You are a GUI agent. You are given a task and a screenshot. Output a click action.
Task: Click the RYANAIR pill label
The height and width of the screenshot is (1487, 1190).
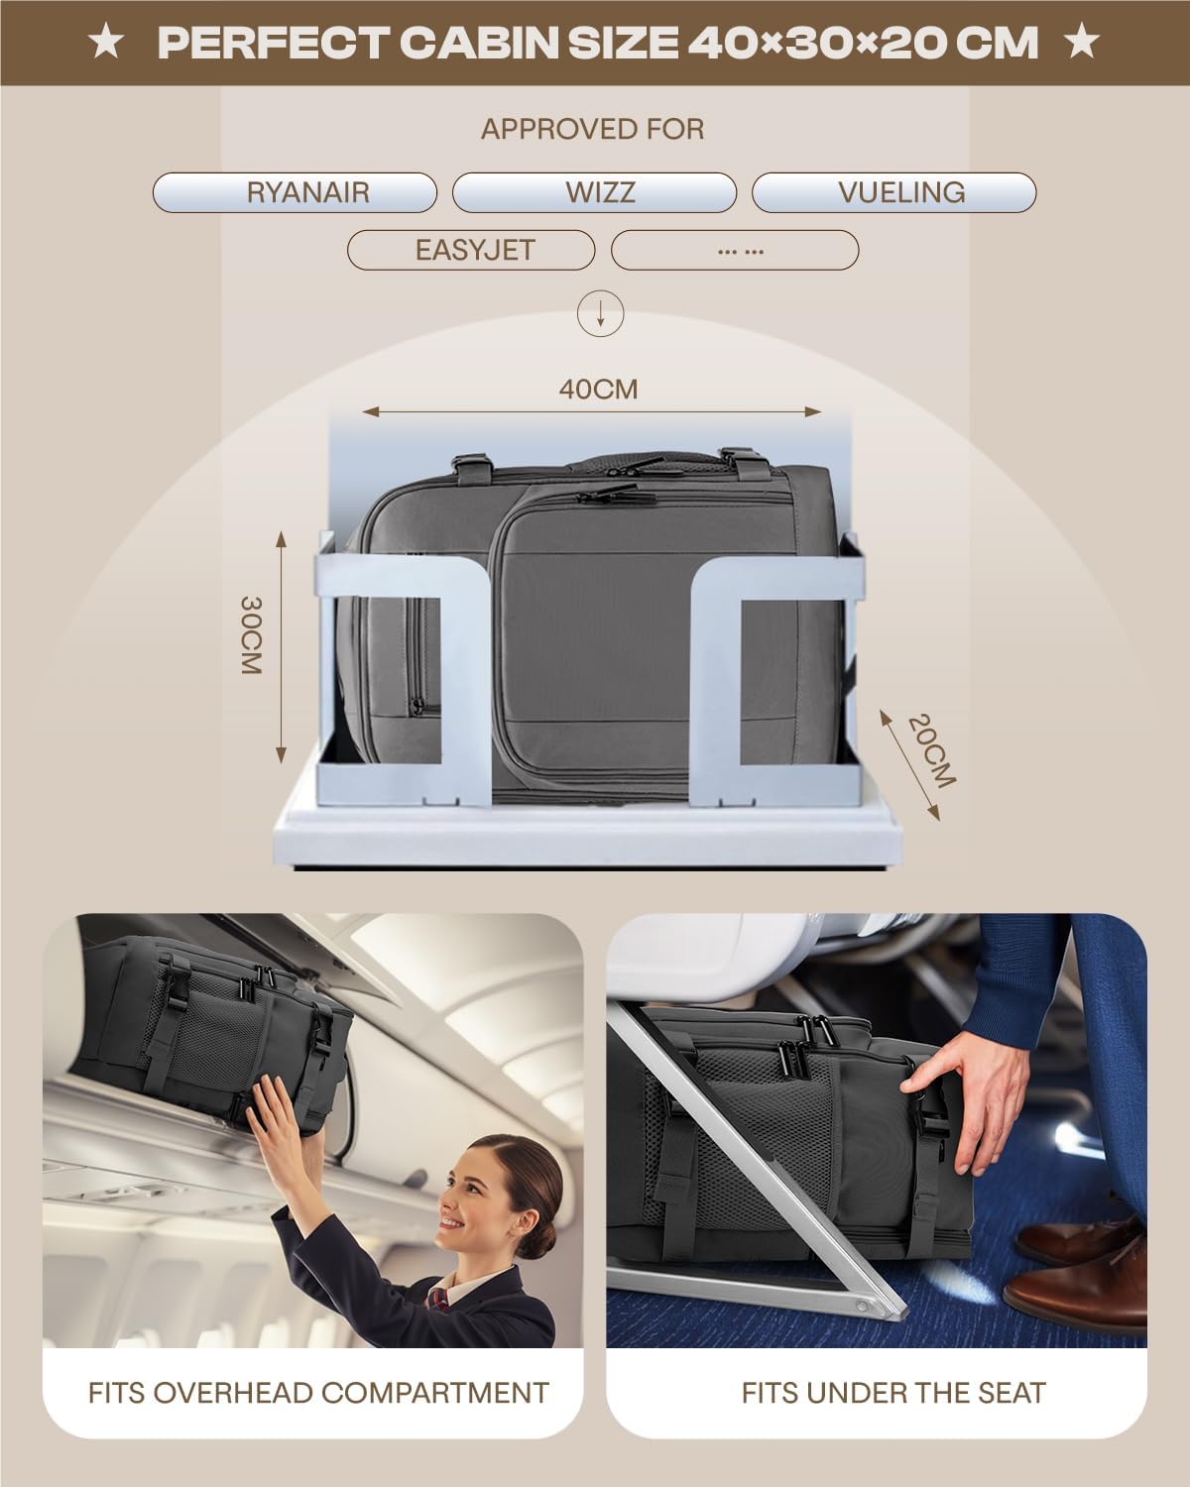(295, 192)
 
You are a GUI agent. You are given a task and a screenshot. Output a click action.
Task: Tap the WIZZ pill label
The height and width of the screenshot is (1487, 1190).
(595, 192)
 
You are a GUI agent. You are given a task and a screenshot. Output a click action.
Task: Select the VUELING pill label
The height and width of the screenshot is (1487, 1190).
(894, 192)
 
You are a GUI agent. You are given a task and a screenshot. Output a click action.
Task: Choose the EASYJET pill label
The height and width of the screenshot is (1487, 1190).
(471, 250)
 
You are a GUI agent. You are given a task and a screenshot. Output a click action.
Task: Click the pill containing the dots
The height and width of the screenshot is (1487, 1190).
(735, 250)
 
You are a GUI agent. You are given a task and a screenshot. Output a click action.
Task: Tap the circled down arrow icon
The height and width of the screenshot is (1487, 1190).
(600, 313)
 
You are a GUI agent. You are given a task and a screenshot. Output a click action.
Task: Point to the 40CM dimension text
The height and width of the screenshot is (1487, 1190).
(599, 390)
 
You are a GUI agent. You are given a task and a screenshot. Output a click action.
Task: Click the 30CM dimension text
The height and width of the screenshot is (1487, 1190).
(250, 634)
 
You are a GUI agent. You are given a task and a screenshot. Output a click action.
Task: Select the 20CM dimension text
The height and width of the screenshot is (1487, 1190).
(931, 750)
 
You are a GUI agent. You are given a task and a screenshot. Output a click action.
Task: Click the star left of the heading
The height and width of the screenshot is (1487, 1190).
(106, 42)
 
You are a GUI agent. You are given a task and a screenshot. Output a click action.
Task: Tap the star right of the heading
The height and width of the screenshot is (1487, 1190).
(1082, 42)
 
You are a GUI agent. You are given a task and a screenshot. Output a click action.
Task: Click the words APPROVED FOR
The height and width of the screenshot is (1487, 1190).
(593, 129)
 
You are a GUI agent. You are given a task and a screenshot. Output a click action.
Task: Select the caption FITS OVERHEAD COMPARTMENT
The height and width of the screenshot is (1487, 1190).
(318, 1393)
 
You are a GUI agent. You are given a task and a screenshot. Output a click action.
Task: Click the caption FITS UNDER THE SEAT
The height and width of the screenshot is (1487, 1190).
(893, 1393)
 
